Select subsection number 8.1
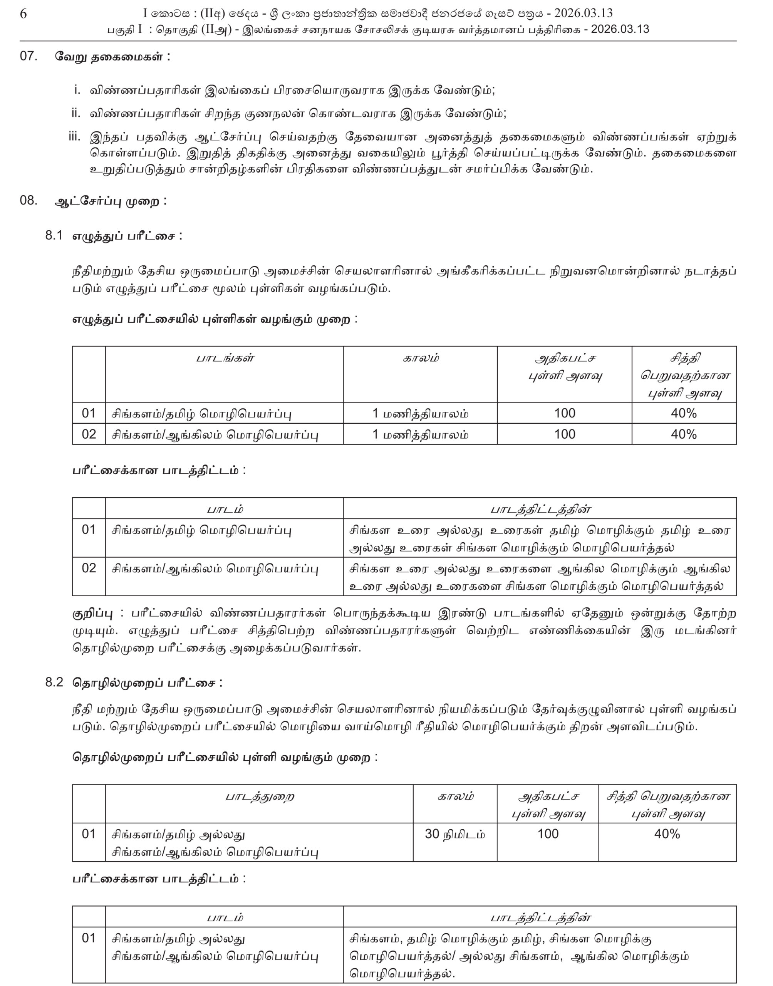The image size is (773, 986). (x=54, y=235)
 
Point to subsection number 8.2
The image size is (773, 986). (x=54, y=682)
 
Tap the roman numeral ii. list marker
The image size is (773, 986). (x=75, y=113)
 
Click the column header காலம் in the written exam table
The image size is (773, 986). (x=421, y=358)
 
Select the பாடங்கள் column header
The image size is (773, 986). (x=225, y=358)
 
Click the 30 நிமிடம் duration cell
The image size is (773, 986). (x=454, y=834)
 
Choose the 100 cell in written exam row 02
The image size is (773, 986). (x=564, y=434)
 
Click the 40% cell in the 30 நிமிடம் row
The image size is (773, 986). (x=667, y=834)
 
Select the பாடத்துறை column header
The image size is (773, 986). (x=259, y=797)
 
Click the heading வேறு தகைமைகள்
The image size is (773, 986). (x=112, y=57)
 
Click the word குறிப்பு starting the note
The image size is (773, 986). (x=93, y=614)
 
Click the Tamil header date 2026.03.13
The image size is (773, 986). (x=620, y=29)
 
